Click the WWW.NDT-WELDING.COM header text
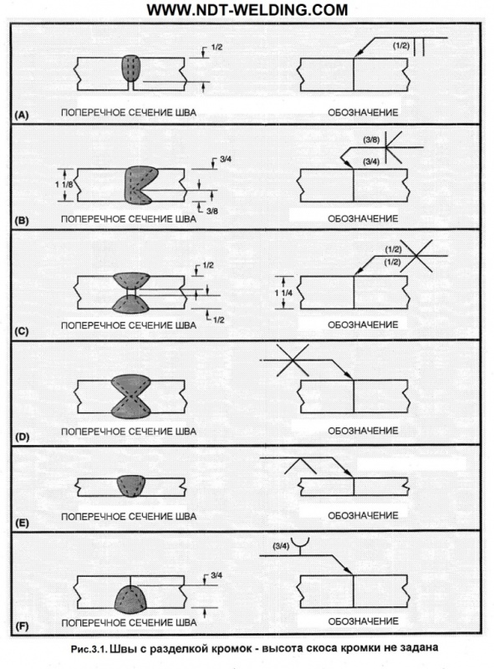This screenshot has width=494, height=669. pyautogui.click(x=247, y=9)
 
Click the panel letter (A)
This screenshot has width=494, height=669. pyautogui.click(x=22, y=115)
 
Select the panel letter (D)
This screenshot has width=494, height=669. pyautogui.click(x=22, y=437)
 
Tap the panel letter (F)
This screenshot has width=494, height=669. pyautogui.click(x=22, y=626)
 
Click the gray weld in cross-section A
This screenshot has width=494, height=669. pyautogui.click(x=131, y=69)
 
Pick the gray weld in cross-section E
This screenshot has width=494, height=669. pyautogui.click(x=130, y=486)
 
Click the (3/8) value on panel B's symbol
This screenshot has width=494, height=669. pyautogui.click(x=371, y=140)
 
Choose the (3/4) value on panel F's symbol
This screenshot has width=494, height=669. pyautogui.click(x=281, y=546)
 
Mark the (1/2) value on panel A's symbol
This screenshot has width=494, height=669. pyautogui.click(x=400, y=46)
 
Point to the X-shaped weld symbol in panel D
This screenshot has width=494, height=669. pyautogui.click(x=293, y=360)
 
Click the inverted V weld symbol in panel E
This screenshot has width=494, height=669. pyautogui.click(x=300, y=466)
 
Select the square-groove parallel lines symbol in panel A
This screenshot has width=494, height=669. pyautogui.click(x=419, y=47)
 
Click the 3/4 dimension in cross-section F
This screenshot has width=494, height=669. pyautogui.click(x=216, y=575)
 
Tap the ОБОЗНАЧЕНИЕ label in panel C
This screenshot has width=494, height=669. pyautogui.click(x=363, y=324)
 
